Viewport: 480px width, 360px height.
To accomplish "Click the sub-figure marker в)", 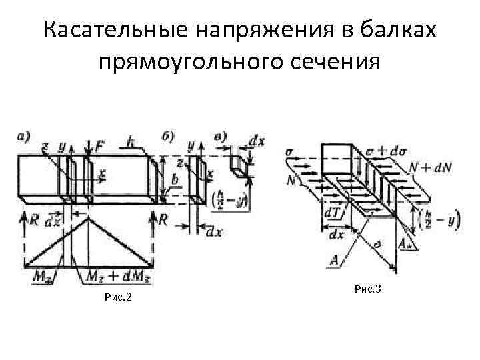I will pos(221,138).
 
